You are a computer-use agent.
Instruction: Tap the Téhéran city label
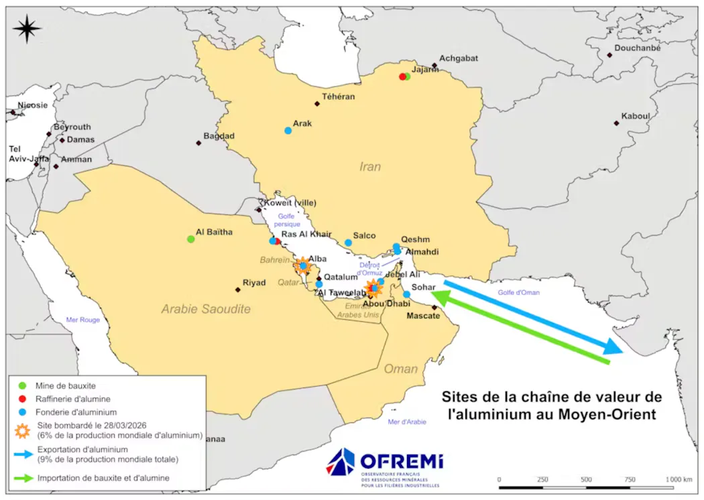pos(338,97)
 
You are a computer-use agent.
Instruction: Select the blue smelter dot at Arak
pos(288,130)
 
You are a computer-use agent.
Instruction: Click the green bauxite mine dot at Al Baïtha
pos(191,239)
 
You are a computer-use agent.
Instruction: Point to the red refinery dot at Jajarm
pos(402,76)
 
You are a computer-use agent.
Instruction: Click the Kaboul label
pos(636,116)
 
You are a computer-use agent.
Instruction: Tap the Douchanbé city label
pos(638,48)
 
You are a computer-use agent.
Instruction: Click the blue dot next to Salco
pos(348,243)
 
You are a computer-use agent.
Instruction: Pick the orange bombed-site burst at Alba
pos(303,265)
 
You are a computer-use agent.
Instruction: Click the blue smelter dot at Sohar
pos(406,294)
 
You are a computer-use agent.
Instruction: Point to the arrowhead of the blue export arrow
pos(613,348)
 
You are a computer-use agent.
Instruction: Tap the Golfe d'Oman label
pos(519,292)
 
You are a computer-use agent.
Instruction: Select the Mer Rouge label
pos(82,320)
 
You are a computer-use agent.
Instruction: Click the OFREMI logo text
pos(401,462)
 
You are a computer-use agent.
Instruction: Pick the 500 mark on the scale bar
pos(586,480)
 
